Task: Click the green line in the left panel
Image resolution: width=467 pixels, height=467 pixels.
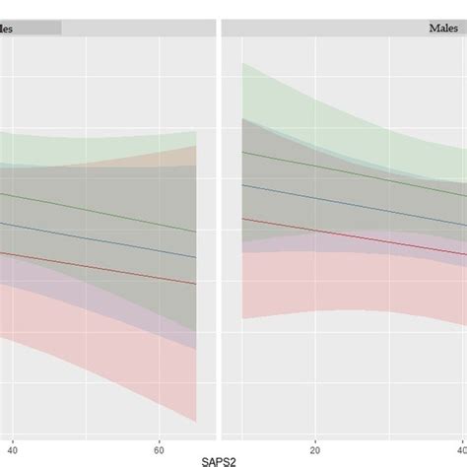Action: (99, 212)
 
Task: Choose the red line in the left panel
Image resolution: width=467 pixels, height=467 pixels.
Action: (99, 266)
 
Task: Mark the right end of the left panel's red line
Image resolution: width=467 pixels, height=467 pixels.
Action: (195, 284)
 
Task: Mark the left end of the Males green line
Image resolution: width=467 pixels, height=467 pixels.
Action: (243, 152)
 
